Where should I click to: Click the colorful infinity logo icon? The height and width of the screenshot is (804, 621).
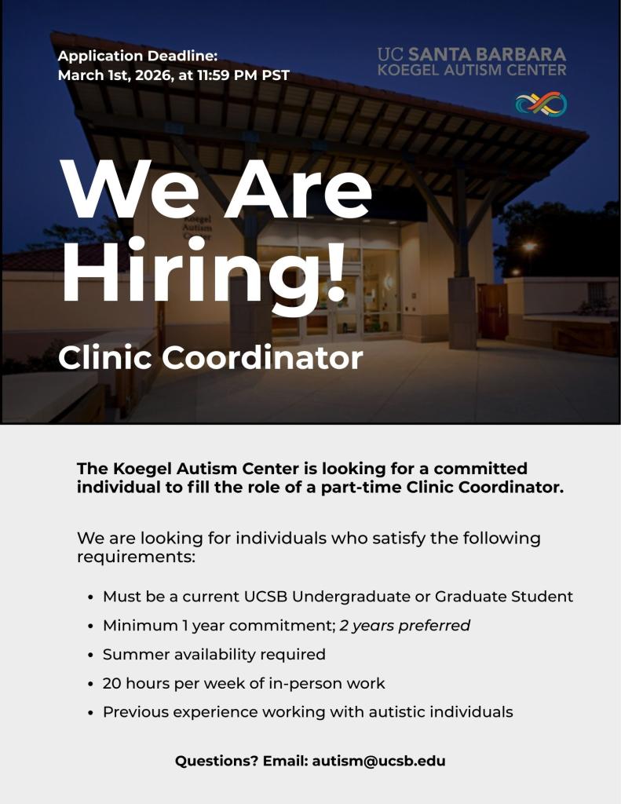(541, 104)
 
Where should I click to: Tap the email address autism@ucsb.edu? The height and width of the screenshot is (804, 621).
(378, 761)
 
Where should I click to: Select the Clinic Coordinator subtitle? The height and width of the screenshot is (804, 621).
(210, 358)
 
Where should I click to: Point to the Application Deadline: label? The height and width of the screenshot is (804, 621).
(137, 56)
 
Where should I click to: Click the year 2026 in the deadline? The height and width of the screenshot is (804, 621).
(152, 75)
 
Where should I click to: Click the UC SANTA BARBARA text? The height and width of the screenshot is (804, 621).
(471, 55)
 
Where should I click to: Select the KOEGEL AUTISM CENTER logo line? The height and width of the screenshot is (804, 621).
(471, 70)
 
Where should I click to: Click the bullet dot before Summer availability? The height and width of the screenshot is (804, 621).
(91, 655)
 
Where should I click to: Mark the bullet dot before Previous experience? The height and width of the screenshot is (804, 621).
(91, 713)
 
